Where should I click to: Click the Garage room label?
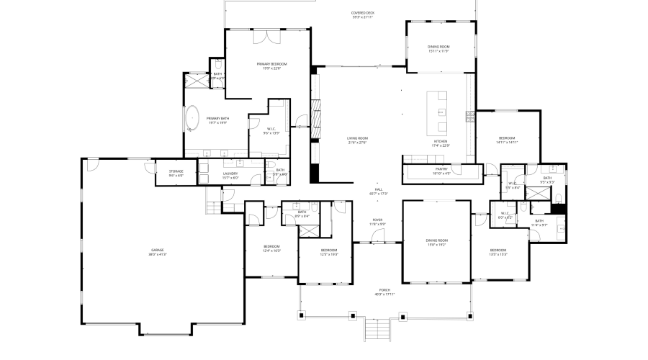pyautogui.click(x=157, y=252)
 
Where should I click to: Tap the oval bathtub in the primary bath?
pyautogui.click(x=193, y=118)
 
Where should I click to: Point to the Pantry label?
pyautogui.click(x=441, y=171)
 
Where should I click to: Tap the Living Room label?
pyautogui.click(x=358, y=140)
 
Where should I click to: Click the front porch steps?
pyautogui.click(x=378, y=330)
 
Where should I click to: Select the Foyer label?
pyautogui.click(x=377, y=222)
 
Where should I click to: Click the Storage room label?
pyautogui.click(x=176, y=173)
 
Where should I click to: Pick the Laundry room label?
pyautogui.click(x=230, y=175)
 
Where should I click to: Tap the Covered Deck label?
pyautogui.click(x=363, y=14)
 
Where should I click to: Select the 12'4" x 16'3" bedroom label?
pyautogui.click(x=271, y=248)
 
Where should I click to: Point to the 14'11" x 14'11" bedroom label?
pyautogui.click(x=507, y=140)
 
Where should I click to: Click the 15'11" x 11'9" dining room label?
pyautogui.click(x=438, y=49)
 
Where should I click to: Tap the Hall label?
pyautogui.click(x=378, y=192)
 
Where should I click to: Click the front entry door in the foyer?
pyautogui.click(x=378, y=243)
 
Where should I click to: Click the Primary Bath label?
pyautogui.click(x=217, y=120)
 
